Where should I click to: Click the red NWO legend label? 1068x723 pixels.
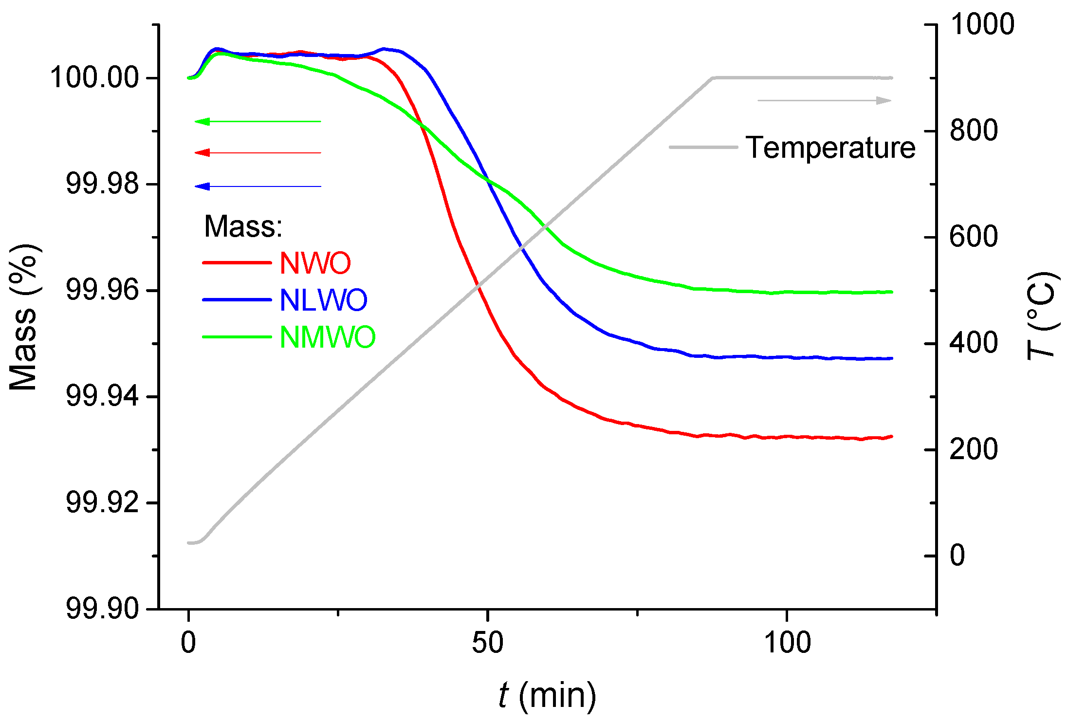(315, 263)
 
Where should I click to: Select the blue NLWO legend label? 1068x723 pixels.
(323, 300)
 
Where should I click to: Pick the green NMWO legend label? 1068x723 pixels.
(328, 337)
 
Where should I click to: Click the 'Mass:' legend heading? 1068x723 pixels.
(243, 226)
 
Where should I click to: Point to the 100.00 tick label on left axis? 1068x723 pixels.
(94, 78)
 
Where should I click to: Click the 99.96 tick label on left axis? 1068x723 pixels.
(102, 291)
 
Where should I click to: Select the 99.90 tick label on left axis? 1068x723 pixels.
(102, 609)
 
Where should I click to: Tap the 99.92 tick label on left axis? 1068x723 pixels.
(102, 502)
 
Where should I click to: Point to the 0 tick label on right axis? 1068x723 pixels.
(957, 556)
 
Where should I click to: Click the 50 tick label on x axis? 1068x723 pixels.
(487, 643)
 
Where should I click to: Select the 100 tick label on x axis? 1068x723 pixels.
(787, 643)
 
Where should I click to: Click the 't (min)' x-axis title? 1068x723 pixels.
(547, 696)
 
